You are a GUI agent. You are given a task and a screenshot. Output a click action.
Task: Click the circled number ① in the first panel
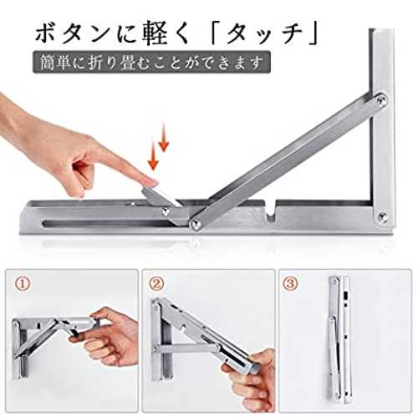22,283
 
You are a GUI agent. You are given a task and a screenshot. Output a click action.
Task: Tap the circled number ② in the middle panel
156,283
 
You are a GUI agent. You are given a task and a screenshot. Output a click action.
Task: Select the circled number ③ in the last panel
290,283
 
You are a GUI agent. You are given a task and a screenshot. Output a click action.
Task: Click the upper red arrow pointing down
164,138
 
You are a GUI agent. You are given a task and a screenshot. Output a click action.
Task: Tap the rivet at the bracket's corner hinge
382,216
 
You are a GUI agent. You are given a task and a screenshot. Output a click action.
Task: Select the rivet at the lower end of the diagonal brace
196,223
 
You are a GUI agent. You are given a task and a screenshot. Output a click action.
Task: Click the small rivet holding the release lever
166,212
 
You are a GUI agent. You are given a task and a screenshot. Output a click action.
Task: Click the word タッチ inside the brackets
264,34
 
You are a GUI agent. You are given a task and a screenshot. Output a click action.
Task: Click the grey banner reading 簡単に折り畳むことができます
151,62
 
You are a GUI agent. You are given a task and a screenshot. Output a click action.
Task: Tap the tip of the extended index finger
156,183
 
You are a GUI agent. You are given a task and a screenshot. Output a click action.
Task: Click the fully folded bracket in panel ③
339,338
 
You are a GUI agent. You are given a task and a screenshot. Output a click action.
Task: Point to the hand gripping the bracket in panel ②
248,376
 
